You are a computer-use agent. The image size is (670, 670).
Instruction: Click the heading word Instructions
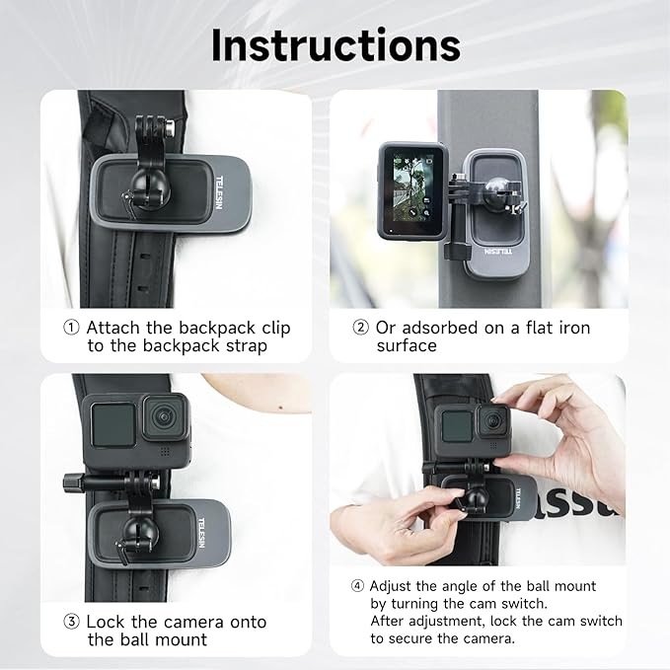[x=335, y=44]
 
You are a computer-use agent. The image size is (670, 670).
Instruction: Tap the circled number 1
[x=71, y=328]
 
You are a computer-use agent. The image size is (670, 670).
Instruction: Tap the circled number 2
[x=359, y=328]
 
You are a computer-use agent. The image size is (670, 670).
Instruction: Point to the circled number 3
[x=71, y=622]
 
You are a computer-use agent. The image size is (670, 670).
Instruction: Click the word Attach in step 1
[x=115, y=328]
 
